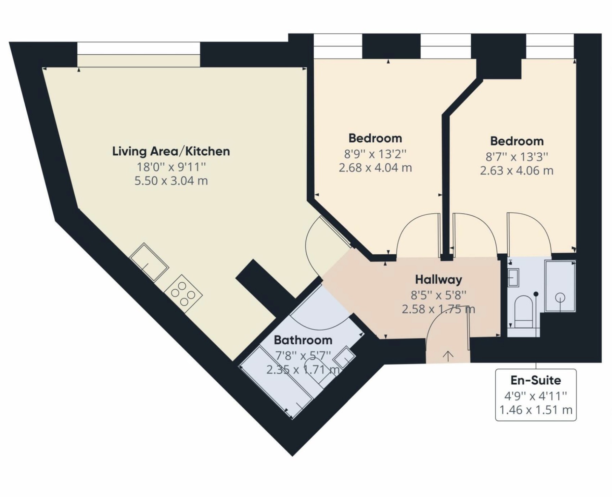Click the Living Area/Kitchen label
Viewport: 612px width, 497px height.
point(171,151)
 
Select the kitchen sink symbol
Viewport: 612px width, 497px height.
point(149,262)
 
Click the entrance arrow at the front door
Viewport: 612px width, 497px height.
point(448,356)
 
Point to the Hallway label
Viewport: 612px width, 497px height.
point(438,280)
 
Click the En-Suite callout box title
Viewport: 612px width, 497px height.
point(536,380)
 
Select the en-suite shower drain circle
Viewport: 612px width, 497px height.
point(560,297)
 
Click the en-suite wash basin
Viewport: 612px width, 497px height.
point(513,277)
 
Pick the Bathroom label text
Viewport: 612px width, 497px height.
point(303,340)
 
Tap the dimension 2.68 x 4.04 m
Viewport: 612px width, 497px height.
point(375,168)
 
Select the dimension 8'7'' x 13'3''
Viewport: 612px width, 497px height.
point(517,157)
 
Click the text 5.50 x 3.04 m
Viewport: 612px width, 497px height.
point(171,181)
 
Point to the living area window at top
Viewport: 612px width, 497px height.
point(138,55)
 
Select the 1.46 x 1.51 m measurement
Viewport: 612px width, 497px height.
point(536,410)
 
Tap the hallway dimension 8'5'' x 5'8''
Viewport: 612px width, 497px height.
point(438,294)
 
